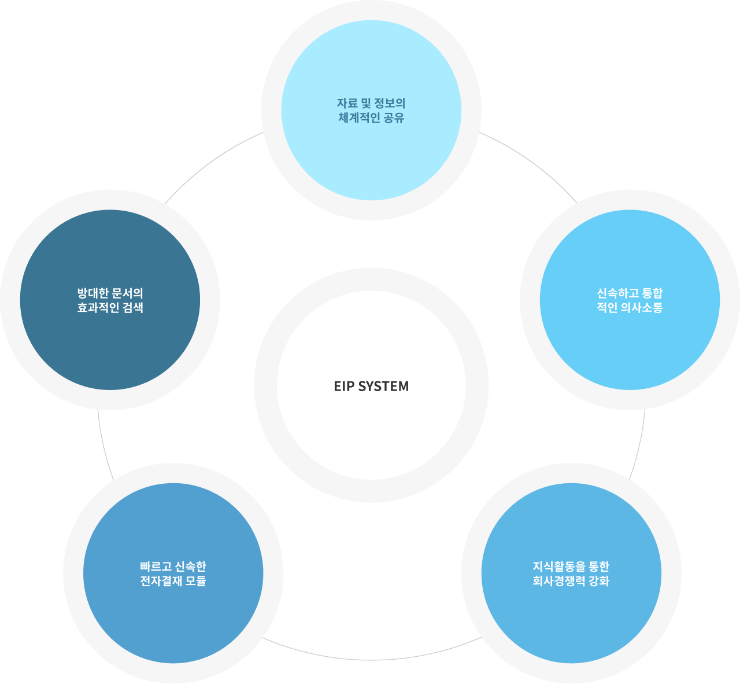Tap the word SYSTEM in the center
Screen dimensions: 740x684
(383, 386)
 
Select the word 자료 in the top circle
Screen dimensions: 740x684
(347, 103)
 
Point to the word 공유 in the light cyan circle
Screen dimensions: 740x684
(394, 117)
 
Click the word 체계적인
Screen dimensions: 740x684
(359, 117)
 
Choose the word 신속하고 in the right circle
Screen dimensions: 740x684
(618, 293)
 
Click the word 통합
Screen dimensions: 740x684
(653, 293)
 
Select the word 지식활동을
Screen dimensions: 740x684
(559, 567)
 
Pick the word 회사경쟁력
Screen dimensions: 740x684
(559, 581)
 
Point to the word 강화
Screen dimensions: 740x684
(599, 581)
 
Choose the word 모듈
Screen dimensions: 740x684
(195, 581)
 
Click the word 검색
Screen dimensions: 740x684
(133, 307)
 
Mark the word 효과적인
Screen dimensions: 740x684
(98, 307)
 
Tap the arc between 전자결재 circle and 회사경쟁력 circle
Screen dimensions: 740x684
(371, 660)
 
